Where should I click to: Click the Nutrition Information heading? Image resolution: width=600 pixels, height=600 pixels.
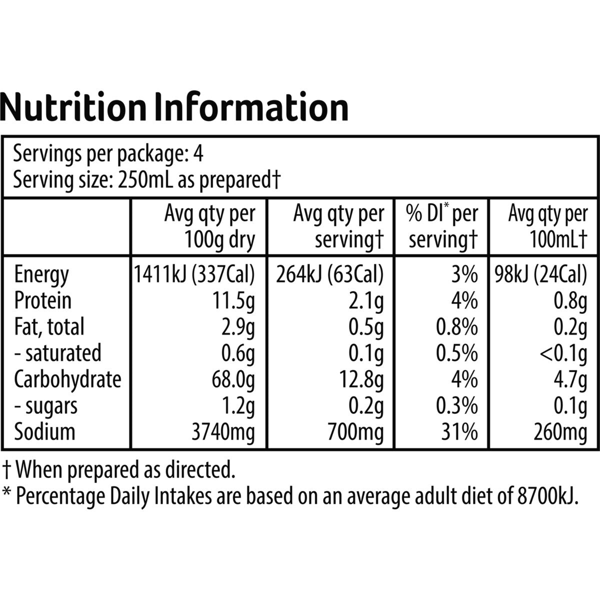174,107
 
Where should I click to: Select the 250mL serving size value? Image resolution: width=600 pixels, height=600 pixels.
145,179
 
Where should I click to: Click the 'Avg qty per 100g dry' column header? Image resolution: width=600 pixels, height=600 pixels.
209,226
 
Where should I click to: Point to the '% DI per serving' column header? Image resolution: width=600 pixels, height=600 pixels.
442,226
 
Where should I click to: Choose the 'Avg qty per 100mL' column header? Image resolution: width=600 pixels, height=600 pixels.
548,226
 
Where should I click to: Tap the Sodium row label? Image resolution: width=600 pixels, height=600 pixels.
45,432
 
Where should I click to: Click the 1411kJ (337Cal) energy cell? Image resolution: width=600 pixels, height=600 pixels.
194,274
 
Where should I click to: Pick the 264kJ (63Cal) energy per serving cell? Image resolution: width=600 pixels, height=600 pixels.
329,274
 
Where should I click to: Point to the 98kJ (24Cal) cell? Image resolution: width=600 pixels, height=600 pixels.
540,274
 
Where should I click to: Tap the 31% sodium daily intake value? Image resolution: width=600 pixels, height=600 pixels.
459,432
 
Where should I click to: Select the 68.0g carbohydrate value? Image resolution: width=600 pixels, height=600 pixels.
233,380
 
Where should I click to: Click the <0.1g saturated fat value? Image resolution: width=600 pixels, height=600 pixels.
563,354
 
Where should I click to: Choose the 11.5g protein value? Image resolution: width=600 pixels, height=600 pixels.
233,301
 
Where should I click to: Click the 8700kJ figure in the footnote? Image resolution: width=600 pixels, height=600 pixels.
547,496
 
